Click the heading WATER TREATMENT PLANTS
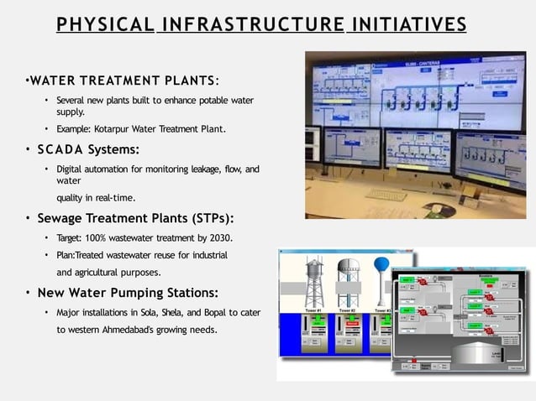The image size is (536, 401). [x=122, y=81]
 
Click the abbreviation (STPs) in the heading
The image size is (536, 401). [x=200, y=219]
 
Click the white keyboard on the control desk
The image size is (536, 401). [x=386, y=195]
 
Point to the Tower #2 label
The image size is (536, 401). [x=346, y=310]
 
